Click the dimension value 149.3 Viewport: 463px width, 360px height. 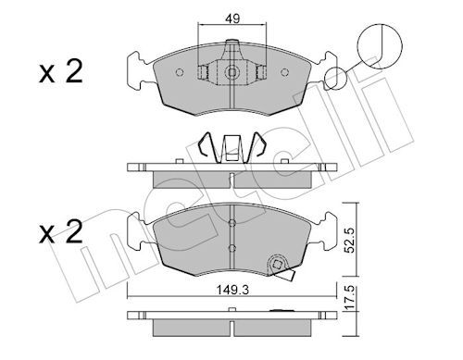(232, 289)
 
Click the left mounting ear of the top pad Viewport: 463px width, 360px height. (134, 70)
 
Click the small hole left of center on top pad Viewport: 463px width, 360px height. (204, 70)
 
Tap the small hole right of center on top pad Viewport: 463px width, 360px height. (259, 70)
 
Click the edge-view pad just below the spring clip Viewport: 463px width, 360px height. (231, 174)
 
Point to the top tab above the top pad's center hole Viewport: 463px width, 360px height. (231, 46)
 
